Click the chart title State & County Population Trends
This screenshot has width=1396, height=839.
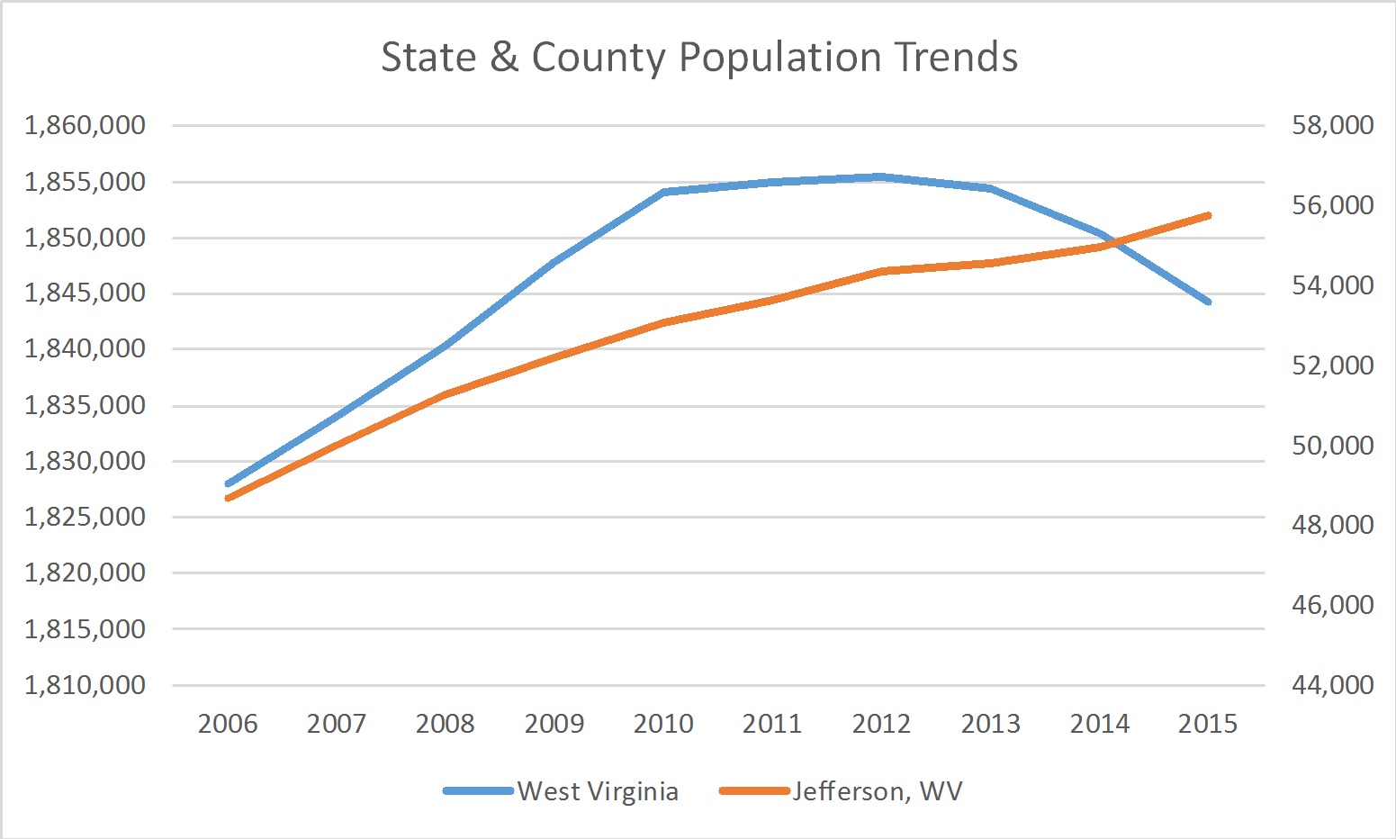click(698, 57)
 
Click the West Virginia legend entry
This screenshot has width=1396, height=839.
click(597, 791)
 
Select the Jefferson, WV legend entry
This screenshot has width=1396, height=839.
click(877, 791)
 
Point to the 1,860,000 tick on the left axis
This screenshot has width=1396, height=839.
click(86, 125)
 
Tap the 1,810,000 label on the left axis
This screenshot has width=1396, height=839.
click(86, 685)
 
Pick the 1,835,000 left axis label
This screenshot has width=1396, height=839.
click(86, 405)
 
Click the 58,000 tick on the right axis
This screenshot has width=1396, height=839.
click(1332, 125)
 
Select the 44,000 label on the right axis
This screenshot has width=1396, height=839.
click(1332, 685)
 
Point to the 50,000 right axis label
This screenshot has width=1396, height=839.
click(1332, 446)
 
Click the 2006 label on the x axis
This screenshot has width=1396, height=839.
click(228, 724)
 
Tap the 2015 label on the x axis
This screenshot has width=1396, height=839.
click(1208, 724)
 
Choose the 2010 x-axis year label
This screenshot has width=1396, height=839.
click(663, 724)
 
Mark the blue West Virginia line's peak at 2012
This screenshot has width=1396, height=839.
click(881, 176)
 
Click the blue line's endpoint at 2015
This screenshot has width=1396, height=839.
click(1208, 302)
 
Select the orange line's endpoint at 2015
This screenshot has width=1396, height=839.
click(1208, 216)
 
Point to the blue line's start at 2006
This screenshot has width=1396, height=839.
click(228, 484)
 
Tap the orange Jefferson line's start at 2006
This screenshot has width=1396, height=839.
click(228, 498)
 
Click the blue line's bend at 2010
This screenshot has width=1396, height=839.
click(663, 192)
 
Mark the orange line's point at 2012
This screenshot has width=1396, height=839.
click(881, 271)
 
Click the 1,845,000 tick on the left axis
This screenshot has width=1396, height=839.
click(86, 293)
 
